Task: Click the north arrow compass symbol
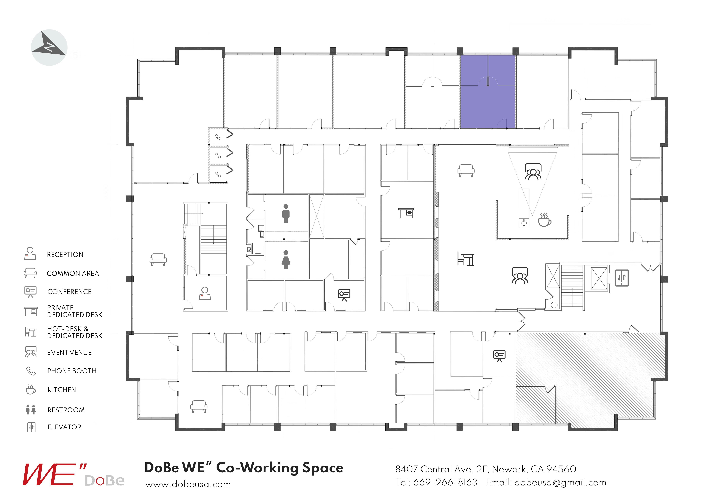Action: (49, 47)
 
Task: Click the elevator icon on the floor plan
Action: (622, 278)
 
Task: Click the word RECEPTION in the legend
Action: (65, 255)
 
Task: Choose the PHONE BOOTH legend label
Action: (72, 371)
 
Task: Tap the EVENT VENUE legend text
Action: (69, 352)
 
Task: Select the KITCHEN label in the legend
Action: (62, 390)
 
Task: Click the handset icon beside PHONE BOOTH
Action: (31, 371)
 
